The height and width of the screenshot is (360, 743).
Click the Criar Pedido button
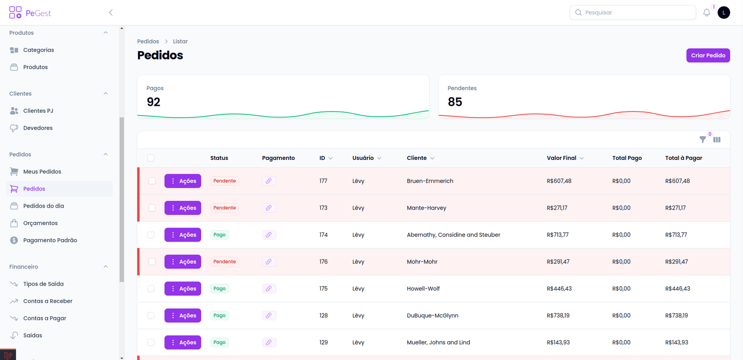tap(708, 55)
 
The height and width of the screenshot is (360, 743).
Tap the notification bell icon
tap(706, 13)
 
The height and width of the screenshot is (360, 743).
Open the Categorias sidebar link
tap(39, 50)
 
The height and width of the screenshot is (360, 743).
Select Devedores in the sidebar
tap(38, 128)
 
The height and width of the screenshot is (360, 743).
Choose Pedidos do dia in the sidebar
tap(44, 206)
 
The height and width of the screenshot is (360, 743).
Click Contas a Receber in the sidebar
tap(48, 301)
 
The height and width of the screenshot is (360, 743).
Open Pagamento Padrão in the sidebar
tap(50, 241)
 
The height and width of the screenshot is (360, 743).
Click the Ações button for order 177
tap(182, 181)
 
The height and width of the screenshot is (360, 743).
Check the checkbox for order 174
tap(151, 235)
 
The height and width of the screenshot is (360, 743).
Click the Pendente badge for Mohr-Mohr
tap(224, 262)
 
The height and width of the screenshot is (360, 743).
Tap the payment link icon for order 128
tap(268, 316)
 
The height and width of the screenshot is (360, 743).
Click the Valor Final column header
tap(561, 158)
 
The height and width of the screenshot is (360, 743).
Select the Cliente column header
tap(417, 158)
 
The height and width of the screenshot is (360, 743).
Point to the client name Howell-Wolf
tap(423, 289)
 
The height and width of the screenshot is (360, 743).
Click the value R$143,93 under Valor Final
tap(558, 343)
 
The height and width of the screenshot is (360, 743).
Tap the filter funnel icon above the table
tap(703, 139)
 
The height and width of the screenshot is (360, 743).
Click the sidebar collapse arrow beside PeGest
tap(111, 13)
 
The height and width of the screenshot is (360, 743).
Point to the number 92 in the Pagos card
tap(153, 102)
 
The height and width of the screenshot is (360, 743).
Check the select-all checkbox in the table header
tap(151, 158)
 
